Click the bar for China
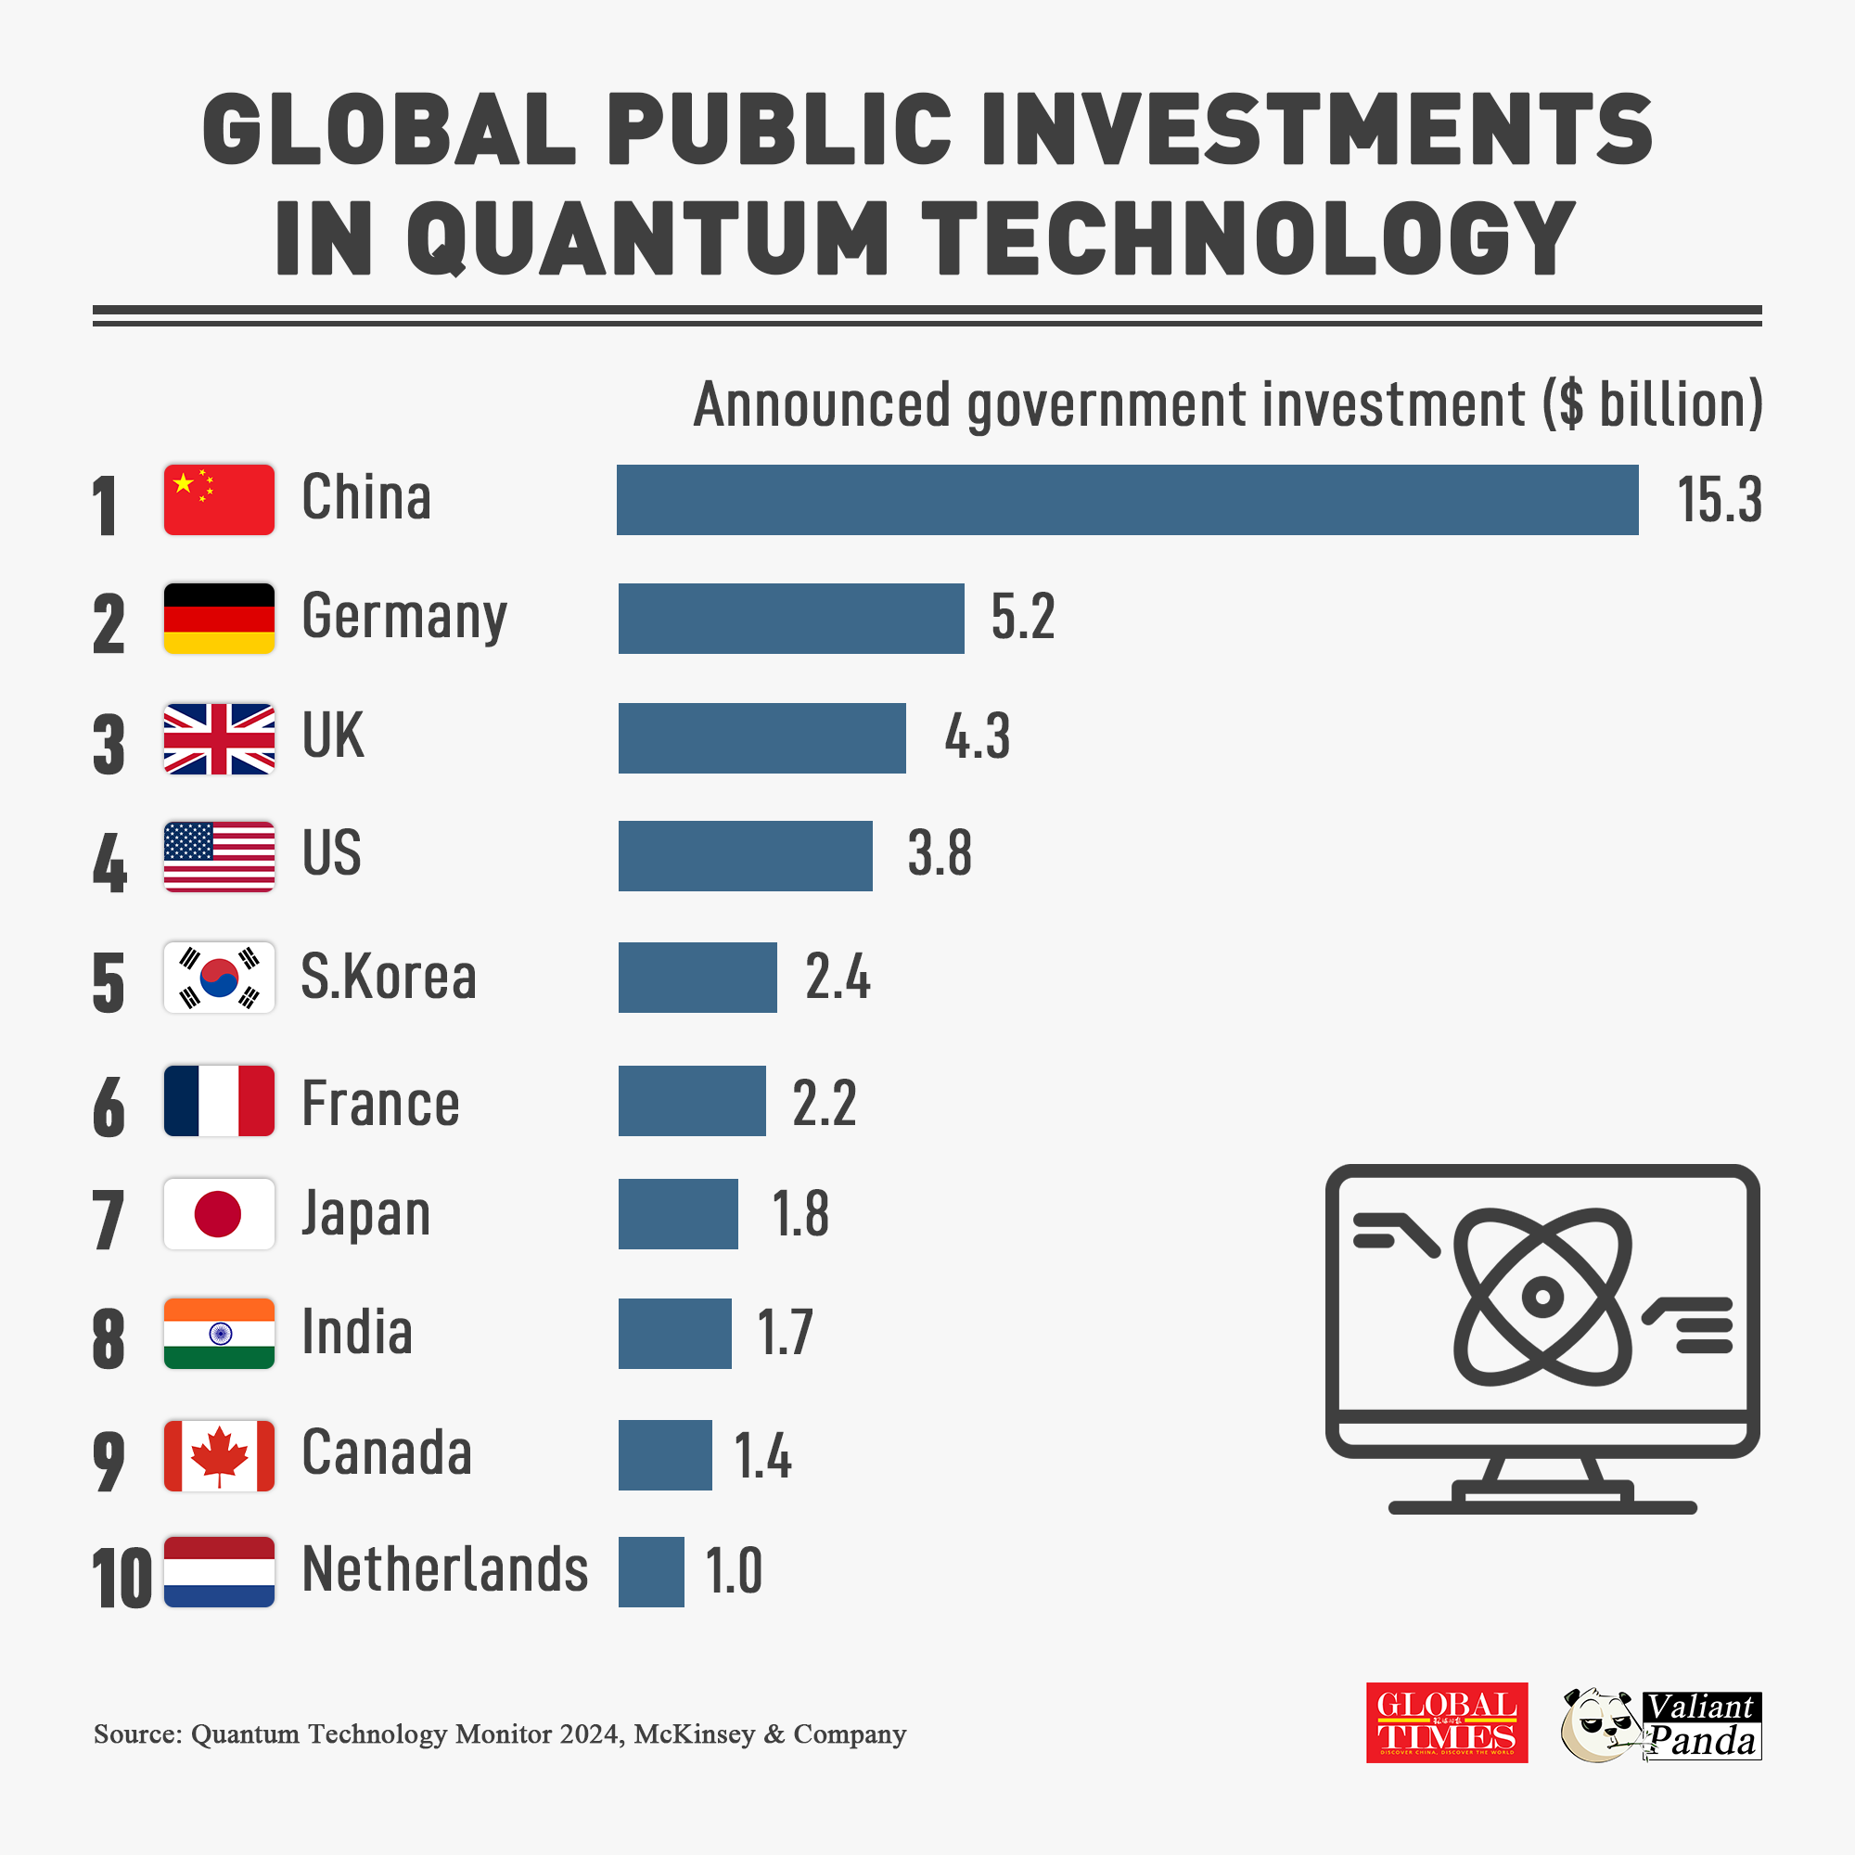pos(1126,499)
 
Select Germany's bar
pos(790,619)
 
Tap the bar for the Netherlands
pos(651,1572)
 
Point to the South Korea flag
pos(219,978)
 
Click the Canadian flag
pos(219,1454)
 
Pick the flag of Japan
pos(219,1213)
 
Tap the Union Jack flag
pos(219,738)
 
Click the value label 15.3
pos(1719,500)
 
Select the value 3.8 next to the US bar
pos(940,852)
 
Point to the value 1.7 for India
pos(785,1332)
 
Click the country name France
pos(380,1102)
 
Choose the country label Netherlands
pos(444,1569)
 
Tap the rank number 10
pos(122,1578)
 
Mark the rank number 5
pos(109,982)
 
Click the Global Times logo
pos(1446,1721)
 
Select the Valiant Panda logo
pos(1661,1724)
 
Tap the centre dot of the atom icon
pos(1542,1297)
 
